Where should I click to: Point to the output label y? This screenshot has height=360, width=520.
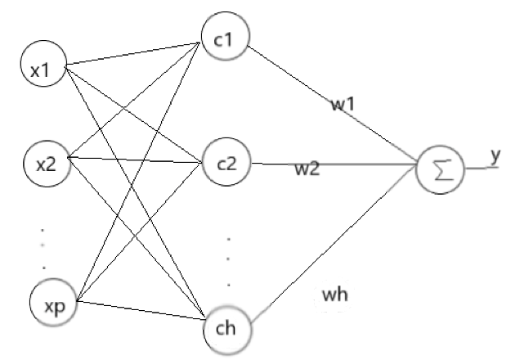pyautogui.click(x=495, y=155)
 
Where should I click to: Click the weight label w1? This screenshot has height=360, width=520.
pyautogui.click(x=343, y=105)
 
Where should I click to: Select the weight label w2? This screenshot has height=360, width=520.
pyautogui.click(x=307, y=169)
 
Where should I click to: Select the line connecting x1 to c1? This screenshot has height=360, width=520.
pyautogui.click(x=131, y=53)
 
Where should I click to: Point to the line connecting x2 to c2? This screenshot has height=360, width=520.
pyautogui.click(x=135, y=160)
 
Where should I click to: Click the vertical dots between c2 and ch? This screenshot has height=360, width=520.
pyautogui.click(x=229, y=261)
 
